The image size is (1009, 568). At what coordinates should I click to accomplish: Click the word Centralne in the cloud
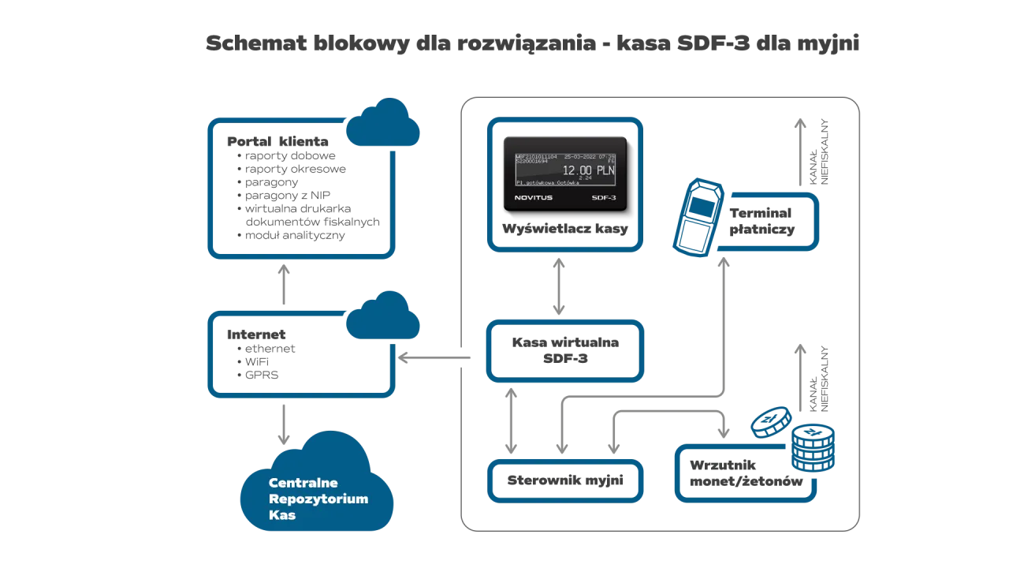[303, 483]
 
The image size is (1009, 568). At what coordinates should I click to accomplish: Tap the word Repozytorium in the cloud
[318, 499]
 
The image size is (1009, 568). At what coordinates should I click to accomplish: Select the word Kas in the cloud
[282, 515]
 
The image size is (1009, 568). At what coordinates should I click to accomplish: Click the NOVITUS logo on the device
[534, 197]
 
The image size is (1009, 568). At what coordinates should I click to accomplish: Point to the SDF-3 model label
[604, 197]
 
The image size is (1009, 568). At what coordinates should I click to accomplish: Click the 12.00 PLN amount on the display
[587, 170]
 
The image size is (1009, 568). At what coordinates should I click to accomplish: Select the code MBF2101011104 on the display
[535, 157]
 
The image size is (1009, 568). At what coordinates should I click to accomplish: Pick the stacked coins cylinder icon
[814, 447]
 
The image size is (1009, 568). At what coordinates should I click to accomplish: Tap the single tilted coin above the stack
[771, 422]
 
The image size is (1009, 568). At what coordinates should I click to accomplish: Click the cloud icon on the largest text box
[382, 124]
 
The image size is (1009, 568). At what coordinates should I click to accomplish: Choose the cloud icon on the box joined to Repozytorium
[383, 317]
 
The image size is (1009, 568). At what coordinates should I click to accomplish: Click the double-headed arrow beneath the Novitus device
[558, 286]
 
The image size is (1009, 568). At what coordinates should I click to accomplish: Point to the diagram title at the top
[533, 41]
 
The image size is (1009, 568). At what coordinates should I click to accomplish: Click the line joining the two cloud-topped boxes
[284, 286]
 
